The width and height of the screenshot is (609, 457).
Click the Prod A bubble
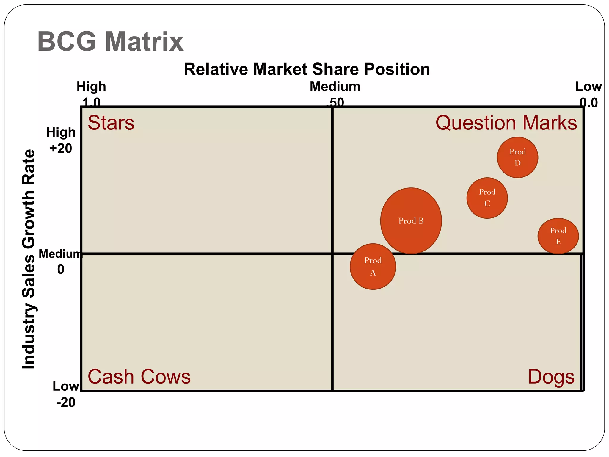pyautogui.click(x=373, y=267)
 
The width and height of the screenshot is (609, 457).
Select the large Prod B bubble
pyautogui.click(x=411, y=221)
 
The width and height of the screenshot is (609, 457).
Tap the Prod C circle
pyautogui.click(x=487, y=198)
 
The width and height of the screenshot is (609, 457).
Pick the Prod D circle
pyautogui.click(x=517, y=157)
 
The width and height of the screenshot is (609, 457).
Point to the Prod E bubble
pyautogui.click(x=558, y=236)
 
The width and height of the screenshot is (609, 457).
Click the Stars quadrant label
pyautogui.click(x=111, y=123)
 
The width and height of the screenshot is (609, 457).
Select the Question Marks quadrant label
pyautogui.click(x=506, y=123)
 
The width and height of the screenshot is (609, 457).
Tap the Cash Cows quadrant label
pyautogui.click(x=139, y=377)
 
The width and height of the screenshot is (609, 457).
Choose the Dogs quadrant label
pyautogui.click(x=551, y=377)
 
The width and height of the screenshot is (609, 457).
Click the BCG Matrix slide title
pyautogui.click(x=110, y=42)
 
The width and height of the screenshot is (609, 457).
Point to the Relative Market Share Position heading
pyautogui.click(x=307, y=69)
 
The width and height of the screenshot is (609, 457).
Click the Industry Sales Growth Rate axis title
pyautogui.click(x=29, y=259)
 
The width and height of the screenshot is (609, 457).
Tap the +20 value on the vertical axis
pyautogui.click(x=61, y=148)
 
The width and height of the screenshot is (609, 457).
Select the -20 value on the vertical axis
pyautogui.click(x=66, y=402)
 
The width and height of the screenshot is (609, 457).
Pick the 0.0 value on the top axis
pyautogui.click(x=588, y=103)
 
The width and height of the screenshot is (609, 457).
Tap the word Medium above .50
pyautogui.click(x=335, y=87)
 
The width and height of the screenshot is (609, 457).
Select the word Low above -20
pyautogui.click(x=66, y=386)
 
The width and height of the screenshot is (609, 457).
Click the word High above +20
pyautogui.click(x=61, y=132)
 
